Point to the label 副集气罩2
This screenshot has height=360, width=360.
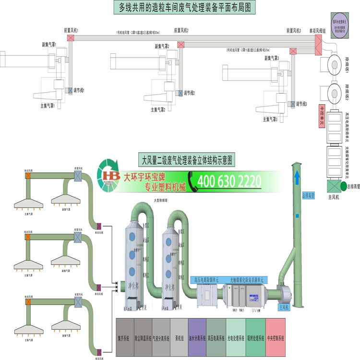coord(162,46)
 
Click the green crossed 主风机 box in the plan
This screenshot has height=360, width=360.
coord(332,186)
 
